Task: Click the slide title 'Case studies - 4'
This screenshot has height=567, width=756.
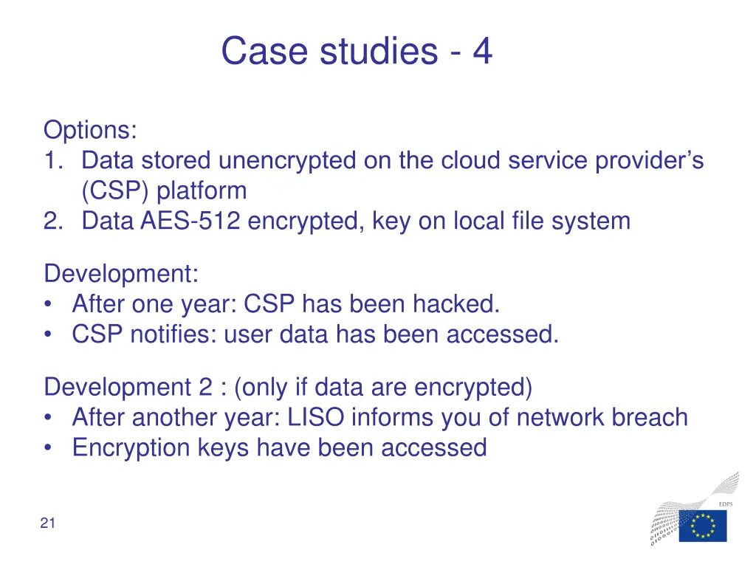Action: pyautogui.click(x=357, y=52)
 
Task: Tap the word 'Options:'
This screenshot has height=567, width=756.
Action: pyautogui.click(x=90, y=130)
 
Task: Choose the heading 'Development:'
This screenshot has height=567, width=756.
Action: pyautogui.click(x=121, y=274)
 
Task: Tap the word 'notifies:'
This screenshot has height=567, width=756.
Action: pyautogui.click(x=173, y=334)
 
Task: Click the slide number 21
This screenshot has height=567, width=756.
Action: pyautogui.click(x=48, y=524)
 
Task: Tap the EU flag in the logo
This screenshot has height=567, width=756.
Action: pyautogui.click(x=702, y=526)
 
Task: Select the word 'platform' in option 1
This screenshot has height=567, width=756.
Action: pyautogui.click(x=202, y=191)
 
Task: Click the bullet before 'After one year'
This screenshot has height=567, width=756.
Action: pyautogui.click(x=49, y=305)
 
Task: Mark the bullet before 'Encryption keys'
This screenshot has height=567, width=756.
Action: pyautogui.click(x=49, y=449)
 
